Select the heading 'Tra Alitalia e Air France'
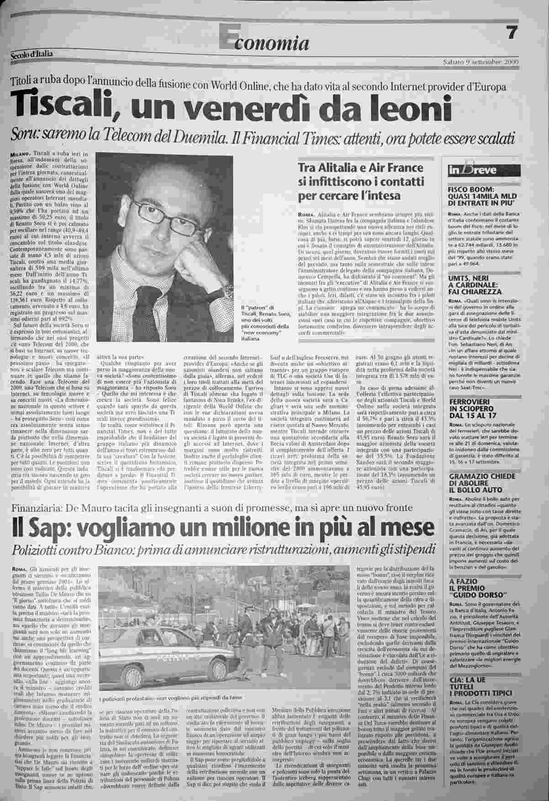click(361, 168)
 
